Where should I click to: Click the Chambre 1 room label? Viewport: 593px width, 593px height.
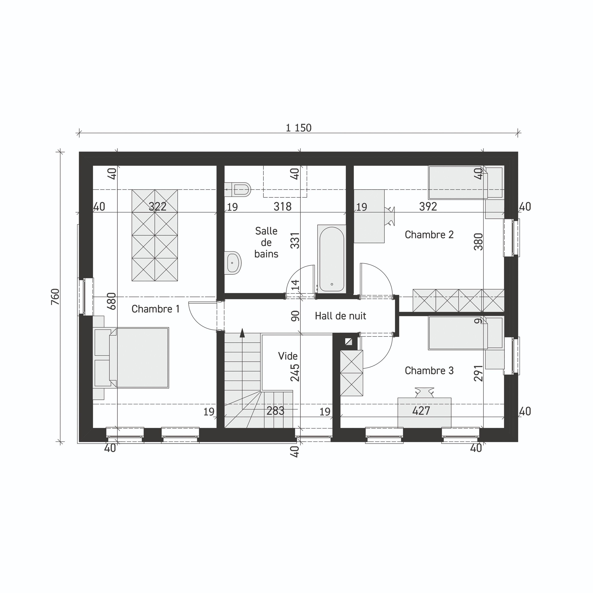155,309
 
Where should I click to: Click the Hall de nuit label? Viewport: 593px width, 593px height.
340,316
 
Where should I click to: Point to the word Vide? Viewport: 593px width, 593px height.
288,356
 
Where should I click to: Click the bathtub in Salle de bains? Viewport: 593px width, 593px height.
332,259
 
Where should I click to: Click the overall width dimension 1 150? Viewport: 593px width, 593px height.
298,128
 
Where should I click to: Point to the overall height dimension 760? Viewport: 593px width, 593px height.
55,297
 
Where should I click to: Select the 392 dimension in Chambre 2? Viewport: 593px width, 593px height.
428,207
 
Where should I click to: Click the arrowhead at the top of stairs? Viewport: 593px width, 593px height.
242,332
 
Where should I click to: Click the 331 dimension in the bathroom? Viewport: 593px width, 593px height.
295,240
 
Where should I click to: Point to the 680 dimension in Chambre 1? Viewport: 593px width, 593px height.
112,301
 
